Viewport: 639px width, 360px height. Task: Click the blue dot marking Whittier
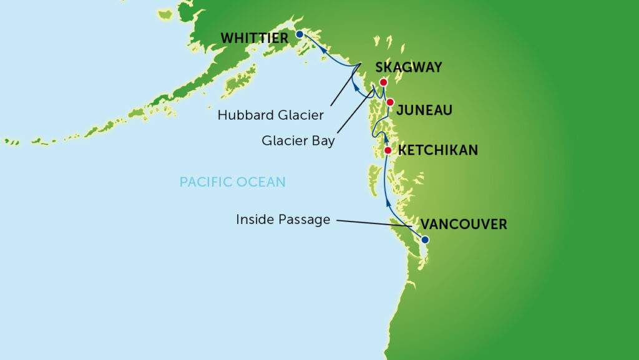coord(300,34)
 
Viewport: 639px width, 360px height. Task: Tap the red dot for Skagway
coord(384,82)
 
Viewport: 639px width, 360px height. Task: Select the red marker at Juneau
coord(390,102)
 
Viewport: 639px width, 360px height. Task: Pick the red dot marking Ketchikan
coord(388,150)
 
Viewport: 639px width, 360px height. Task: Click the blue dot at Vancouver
coord(425,240)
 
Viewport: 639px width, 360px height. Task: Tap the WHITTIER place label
coord(255,39)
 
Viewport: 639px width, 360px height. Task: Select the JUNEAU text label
coord(424,110)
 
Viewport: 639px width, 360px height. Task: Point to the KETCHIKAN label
coord(438,150)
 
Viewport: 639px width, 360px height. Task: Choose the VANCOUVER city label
coord(464,224)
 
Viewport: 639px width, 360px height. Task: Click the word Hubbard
coord(242,115)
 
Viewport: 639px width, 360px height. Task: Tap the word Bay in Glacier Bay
coord(323,141)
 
